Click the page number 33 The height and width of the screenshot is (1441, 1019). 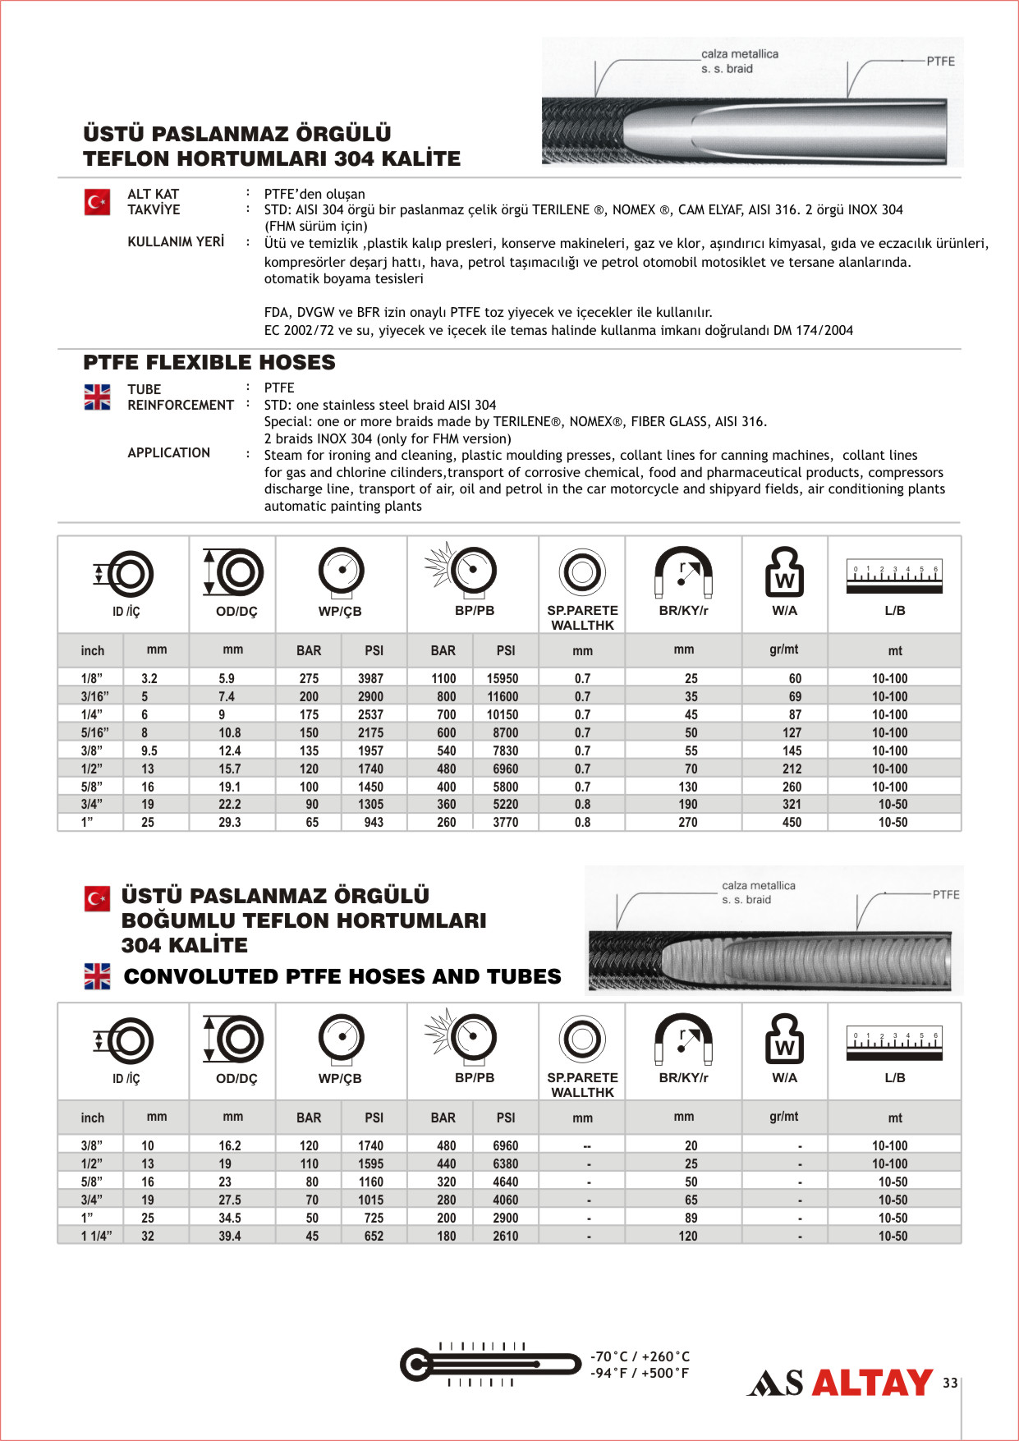coord(950,1383)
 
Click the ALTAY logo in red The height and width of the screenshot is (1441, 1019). coord(872,1383)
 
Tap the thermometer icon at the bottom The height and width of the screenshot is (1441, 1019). coord(489,1365)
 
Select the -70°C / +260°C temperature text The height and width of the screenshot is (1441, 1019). coord(640,1356)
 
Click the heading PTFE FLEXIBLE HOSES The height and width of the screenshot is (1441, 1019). coord(209,362)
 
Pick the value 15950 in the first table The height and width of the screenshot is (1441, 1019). coord(503,679)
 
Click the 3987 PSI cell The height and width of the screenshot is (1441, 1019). coord(370,679)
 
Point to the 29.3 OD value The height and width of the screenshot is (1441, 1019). coord(230,822)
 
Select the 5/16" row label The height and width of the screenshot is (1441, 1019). coord(94,732)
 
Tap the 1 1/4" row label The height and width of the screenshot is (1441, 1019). coord(97,1236)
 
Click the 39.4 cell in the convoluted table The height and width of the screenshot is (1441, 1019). coord(230,1236)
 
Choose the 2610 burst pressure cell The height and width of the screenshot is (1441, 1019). coord(506,1236)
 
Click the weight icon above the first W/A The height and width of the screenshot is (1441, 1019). coord(784,571)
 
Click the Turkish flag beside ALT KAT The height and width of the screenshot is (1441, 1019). coord(97,202)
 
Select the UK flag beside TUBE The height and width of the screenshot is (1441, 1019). coord(97,397)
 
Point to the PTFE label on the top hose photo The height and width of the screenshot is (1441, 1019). coord(941,62)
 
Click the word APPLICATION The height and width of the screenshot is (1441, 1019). coord(168,452)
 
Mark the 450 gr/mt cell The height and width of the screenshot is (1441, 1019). coord(792,822)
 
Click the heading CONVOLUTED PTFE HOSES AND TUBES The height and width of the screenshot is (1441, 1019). coord(342,976)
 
